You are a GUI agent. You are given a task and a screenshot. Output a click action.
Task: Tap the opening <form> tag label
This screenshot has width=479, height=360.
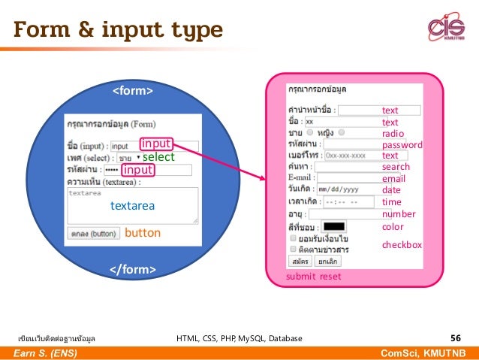(x=133, y=92)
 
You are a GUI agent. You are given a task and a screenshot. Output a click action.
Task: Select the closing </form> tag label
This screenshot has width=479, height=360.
(x=133, y=269)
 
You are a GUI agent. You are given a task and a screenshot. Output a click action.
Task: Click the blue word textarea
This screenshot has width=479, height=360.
(x=132, y=204)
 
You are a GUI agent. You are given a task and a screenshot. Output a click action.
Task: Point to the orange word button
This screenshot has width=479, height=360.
(x=143, y=233)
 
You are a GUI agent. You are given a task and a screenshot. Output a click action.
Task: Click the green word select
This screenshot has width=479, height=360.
(x=158, y=157)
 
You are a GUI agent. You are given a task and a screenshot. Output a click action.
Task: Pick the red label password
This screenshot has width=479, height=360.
(x=402, y=145)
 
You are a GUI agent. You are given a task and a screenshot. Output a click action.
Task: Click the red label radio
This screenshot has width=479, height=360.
(x=393, y=134)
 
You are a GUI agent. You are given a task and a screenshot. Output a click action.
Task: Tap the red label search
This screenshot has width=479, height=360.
(x=396, y=167)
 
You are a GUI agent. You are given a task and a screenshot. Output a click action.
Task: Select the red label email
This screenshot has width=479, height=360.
(x=393, y=179)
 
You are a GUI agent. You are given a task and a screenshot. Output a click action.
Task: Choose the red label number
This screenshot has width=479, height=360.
(x=399, y=214)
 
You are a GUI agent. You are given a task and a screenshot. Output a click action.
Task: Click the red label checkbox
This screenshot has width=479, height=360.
(x=402, y=245)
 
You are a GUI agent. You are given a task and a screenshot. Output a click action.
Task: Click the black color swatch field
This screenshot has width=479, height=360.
(x=334, y=226)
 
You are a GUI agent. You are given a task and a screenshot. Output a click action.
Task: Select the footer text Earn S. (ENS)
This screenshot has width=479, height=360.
(x=47, y=353)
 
